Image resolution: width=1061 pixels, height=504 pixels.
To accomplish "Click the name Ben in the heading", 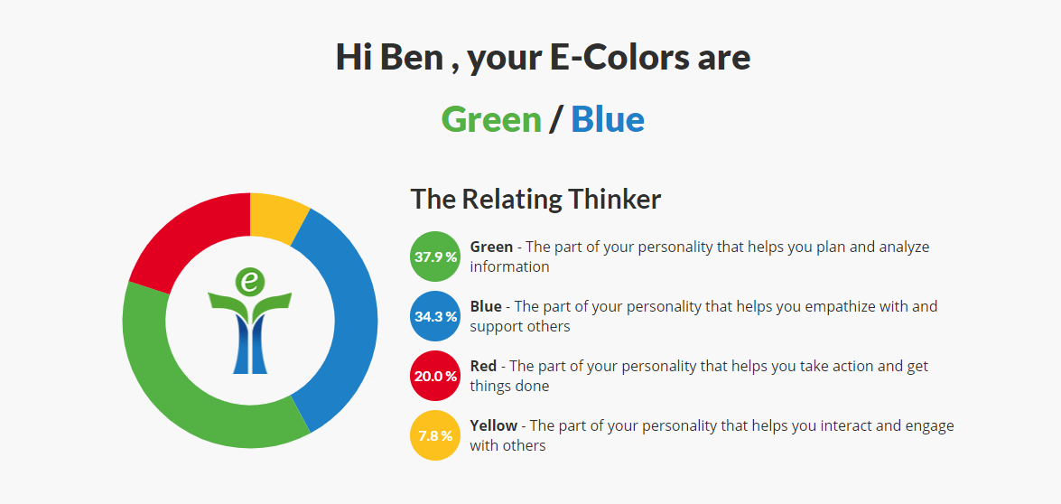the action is [x=412, y=58].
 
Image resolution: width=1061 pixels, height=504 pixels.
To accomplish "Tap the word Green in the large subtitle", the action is [x=491, y=120].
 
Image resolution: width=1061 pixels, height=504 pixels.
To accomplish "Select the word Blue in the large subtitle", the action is [x=608, y=120].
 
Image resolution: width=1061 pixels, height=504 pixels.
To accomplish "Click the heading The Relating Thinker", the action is [x=535, y=200].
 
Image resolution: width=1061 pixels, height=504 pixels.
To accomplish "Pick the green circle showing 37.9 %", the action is [x=436, y=257].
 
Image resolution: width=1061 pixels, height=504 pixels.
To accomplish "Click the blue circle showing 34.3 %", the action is [x=436, y=316].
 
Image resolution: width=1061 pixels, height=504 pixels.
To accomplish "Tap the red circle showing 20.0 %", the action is [x=436, y=376].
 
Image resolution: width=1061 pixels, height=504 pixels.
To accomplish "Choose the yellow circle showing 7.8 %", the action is [x=436, y=435].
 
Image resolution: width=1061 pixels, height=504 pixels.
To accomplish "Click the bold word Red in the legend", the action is [x=483, y=366].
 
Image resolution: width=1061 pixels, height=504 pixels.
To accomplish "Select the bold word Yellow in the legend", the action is [x=494, y=425].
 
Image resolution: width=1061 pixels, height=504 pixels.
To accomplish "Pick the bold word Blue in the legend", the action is [x=486, y=306].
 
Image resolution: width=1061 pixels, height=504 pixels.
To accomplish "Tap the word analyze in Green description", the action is [x=904, y=247].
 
